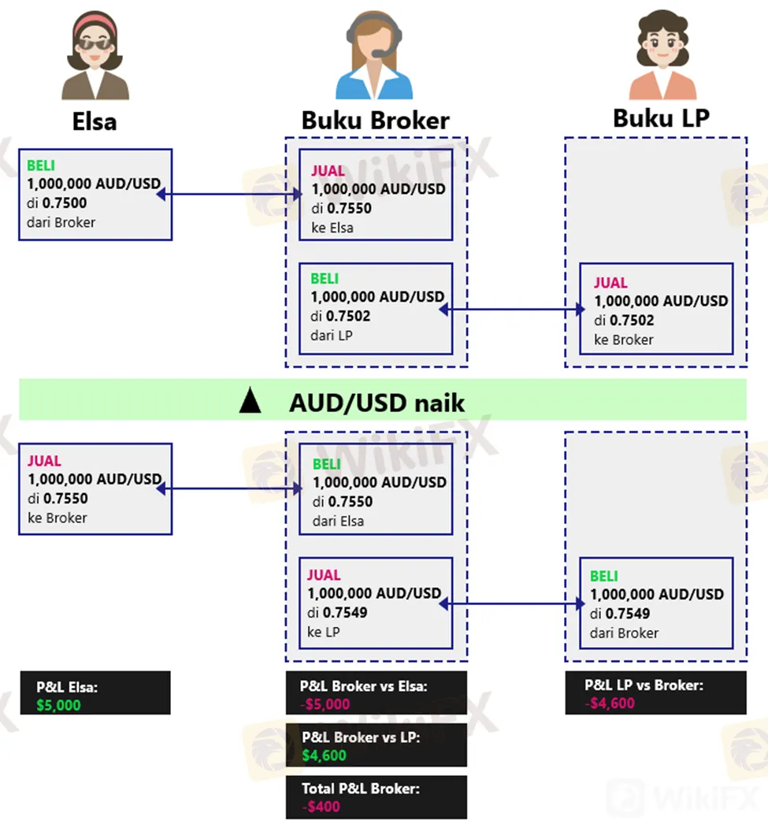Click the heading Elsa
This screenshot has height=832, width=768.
(94, 121)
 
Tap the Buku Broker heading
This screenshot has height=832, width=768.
(375, 121)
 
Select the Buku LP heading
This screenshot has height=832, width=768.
(661, 117)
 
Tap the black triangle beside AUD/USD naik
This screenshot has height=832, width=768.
(250, 402)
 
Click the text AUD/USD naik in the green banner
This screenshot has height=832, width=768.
(377, 403)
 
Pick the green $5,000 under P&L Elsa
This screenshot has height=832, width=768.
(58, 705)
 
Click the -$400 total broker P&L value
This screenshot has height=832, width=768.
(321, 806)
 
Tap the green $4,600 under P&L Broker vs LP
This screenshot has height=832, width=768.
(324, 756)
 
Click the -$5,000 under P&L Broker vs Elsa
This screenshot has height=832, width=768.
(325, 704)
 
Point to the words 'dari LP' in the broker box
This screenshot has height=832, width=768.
(332, 335)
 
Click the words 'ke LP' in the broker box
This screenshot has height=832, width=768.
(323, 632)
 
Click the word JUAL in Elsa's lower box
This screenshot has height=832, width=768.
(44, 461)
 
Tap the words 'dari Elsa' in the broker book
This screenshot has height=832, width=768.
(339, 521)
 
